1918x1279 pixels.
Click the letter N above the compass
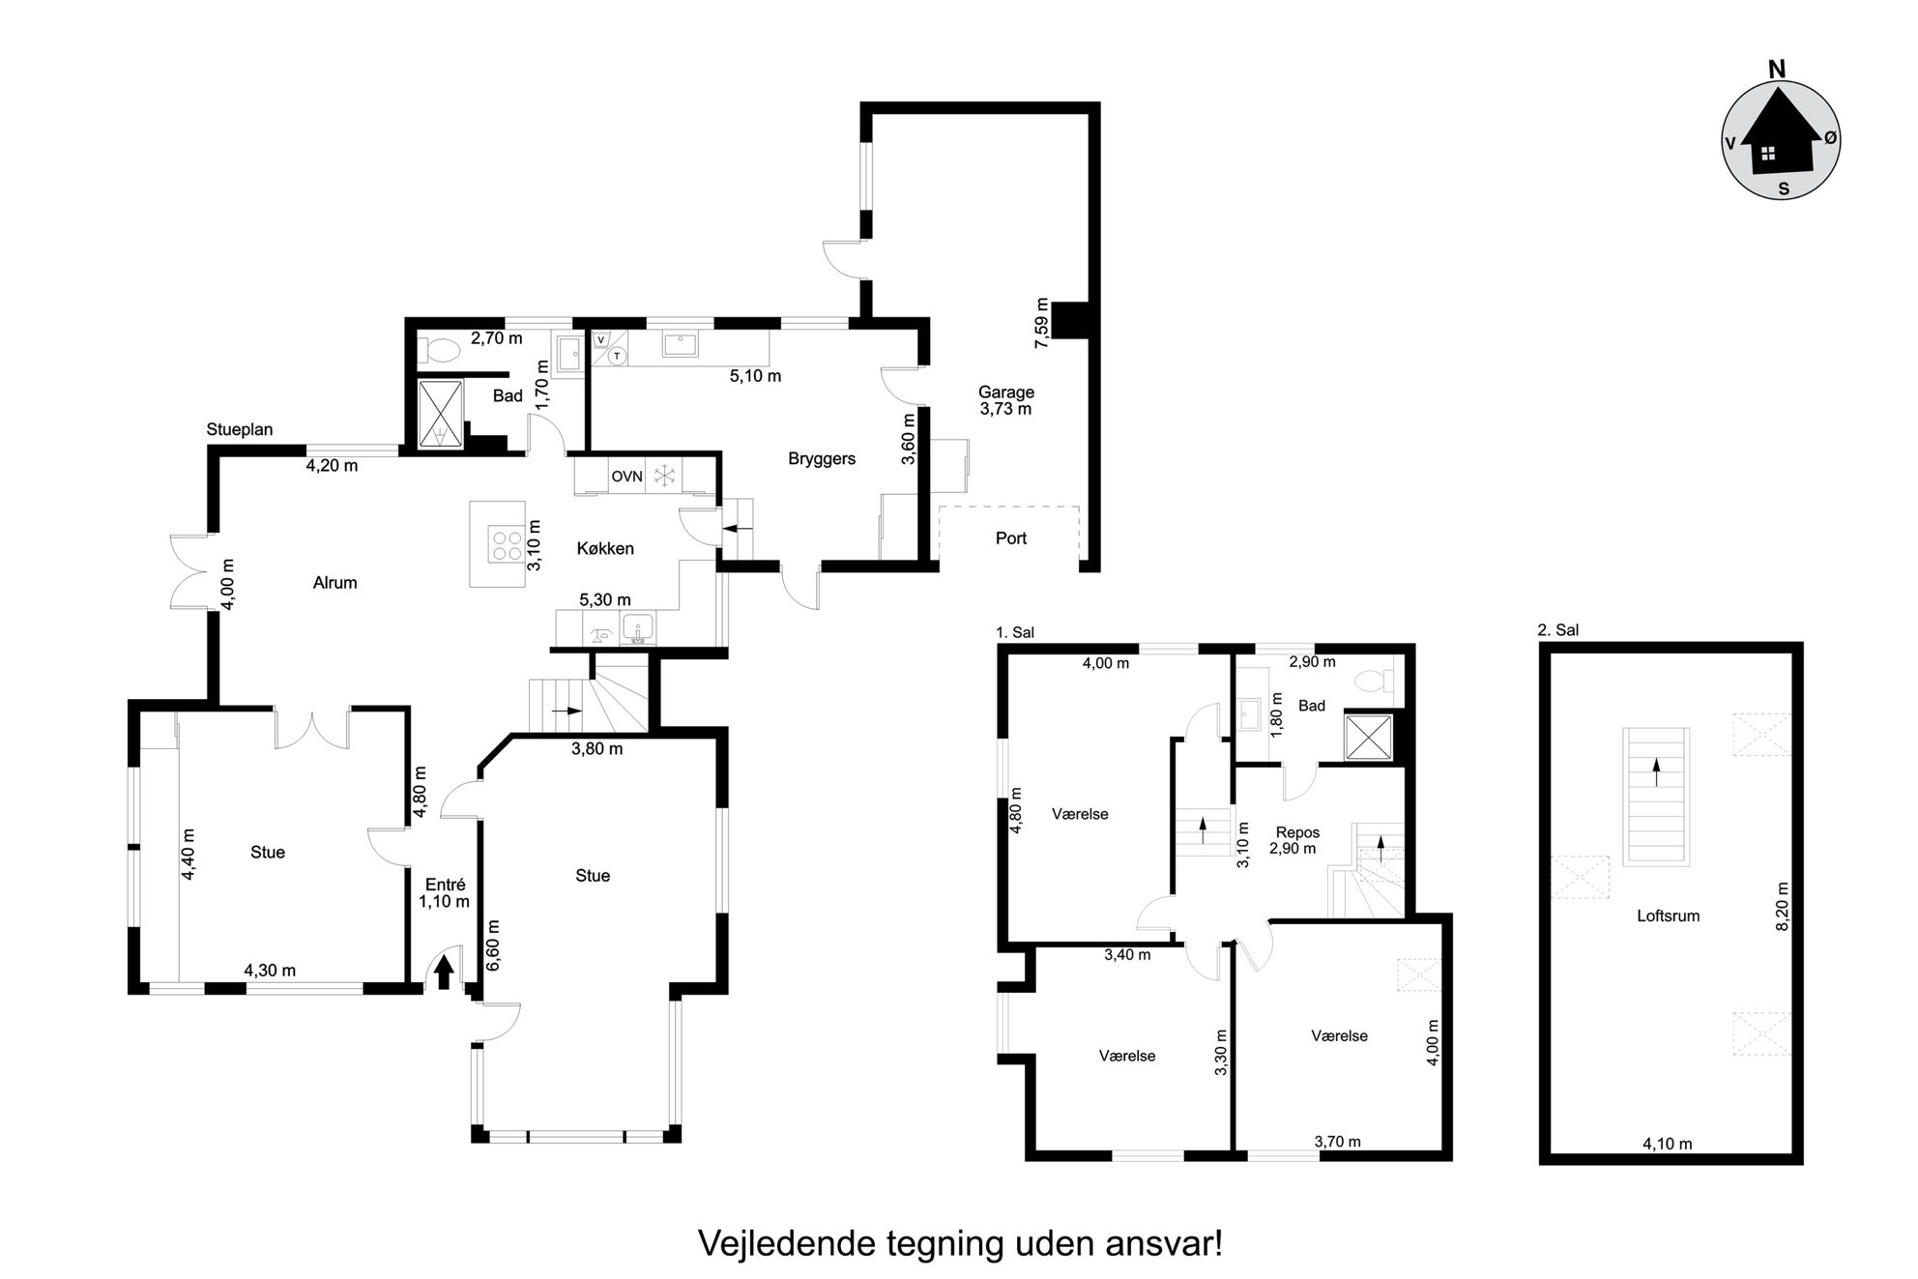coord(1776,70)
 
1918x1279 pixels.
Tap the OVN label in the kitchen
coord(626,477)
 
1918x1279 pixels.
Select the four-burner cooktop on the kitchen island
coord(505,540)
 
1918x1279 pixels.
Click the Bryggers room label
coord(822,459)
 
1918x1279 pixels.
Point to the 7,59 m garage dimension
coord(1042,324)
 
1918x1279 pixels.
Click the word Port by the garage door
coord(1011,538)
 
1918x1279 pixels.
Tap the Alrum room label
coord(335,583)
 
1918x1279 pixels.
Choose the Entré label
coord(446,885)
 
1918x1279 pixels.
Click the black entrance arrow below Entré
coord(444,972)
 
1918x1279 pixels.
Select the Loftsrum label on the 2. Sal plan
coord(1669,916)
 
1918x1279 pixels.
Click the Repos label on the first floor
coord(1297,832)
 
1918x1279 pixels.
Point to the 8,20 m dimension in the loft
coord(1784,906)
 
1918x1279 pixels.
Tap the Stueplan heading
coord(240,429)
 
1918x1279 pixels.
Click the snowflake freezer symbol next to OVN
coord(664,476)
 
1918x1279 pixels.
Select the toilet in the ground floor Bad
coord(440,350)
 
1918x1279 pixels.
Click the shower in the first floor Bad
coord(1370,739)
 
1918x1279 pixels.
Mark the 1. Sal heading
coord(1015,632)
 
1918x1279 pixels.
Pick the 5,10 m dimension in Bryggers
coord(755,376)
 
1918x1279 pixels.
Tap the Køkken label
coord(605,549)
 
